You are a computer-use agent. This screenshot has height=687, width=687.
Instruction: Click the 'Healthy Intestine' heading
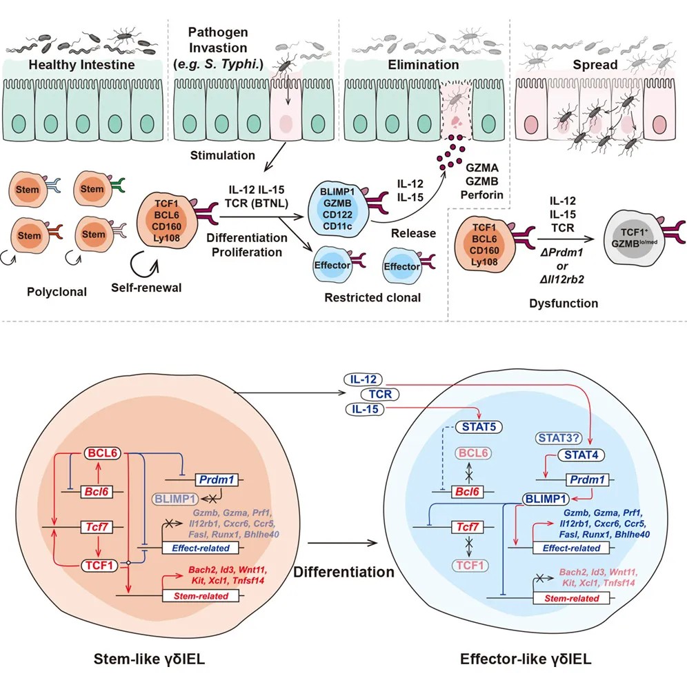point(82,66)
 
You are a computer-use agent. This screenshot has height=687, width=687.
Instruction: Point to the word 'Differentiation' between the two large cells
point(343,572)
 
